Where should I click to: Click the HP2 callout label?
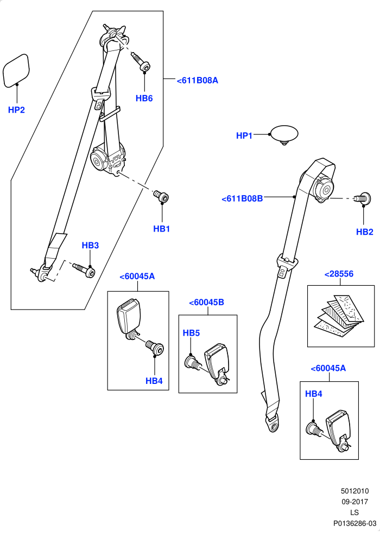click(16, 110)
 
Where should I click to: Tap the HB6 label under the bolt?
click(144, 98)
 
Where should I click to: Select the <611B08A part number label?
click(198, 80)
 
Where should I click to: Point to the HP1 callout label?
click(244, 136)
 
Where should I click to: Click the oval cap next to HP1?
click(284, 134)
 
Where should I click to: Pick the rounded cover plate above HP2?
click(16, 70)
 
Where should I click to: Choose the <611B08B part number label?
click(242, 198)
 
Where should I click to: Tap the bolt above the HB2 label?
click(363, 198)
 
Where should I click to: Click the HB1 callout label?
click(161, 229)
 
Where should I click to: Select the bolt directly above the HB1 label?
click(161, 197)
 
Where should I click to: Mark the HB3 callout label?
click(90, 246)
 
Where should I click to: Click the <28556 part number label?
click(339, 274)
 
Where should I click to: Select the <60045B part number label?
click(206, 303)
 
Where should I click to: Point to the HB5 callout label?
click(191, 333)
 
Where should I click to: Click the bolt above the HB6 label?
click(141, 62)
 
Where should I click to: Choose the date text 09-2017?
click(355, 502)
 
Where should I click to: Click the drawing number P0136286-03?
click(355, 523)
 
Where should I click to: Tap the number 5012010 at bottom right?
click(355, 491)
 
